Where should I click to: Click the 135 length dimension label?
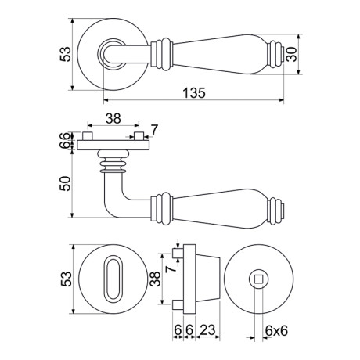pos(194,93)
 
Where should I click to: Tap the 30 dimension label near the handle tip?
pos(291,54)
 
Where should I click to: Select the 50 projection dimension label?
pos(65,184)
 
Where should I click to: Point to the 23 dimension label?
pos(207,330)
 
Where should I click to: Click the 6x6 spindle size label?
pos(276,331)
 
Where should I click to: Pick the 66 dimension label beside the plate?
pos(65,140)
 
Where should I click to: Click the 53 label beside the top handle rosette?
pos(65,54)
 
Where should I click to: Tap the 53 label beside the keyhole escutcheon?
pos(66,279)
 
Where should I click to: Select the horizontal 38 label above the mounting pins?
pos(113,119)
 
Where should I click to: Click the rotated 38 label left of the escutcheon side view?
pos(155,279)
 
